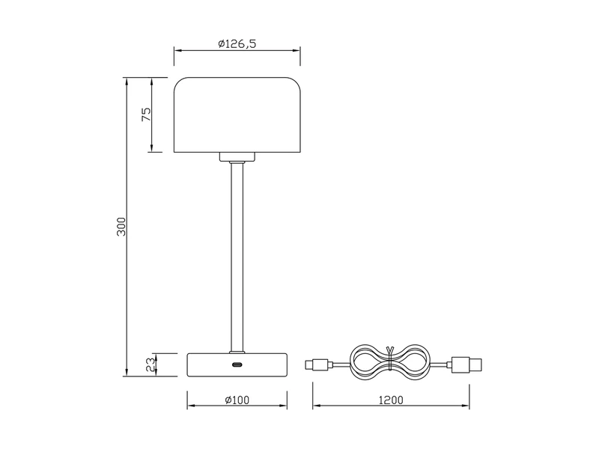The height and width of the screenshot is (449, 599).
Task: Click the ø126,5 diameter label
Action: pos(237,44)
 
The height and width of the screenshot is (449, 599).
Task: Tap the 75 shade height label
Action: pos(147,114)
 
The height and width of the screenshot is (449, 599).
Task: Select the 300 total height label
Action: pos(122,227)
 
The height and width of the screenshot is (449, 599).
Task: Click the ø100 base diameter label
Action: pos(237,400)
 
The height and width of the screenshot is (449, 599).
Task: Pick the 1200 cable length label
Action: pos(392,400)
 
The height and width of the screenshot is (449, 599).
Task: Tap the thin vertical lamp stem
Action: pos(237,254)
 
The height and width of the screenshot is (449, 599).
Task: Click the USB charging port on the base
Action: pos(237,365)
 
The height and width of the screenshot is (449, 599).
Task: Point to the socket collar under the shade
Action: pos(237,157)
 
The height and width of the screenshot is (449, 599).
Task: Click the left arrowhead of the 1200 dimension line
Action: pos(316,406)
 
